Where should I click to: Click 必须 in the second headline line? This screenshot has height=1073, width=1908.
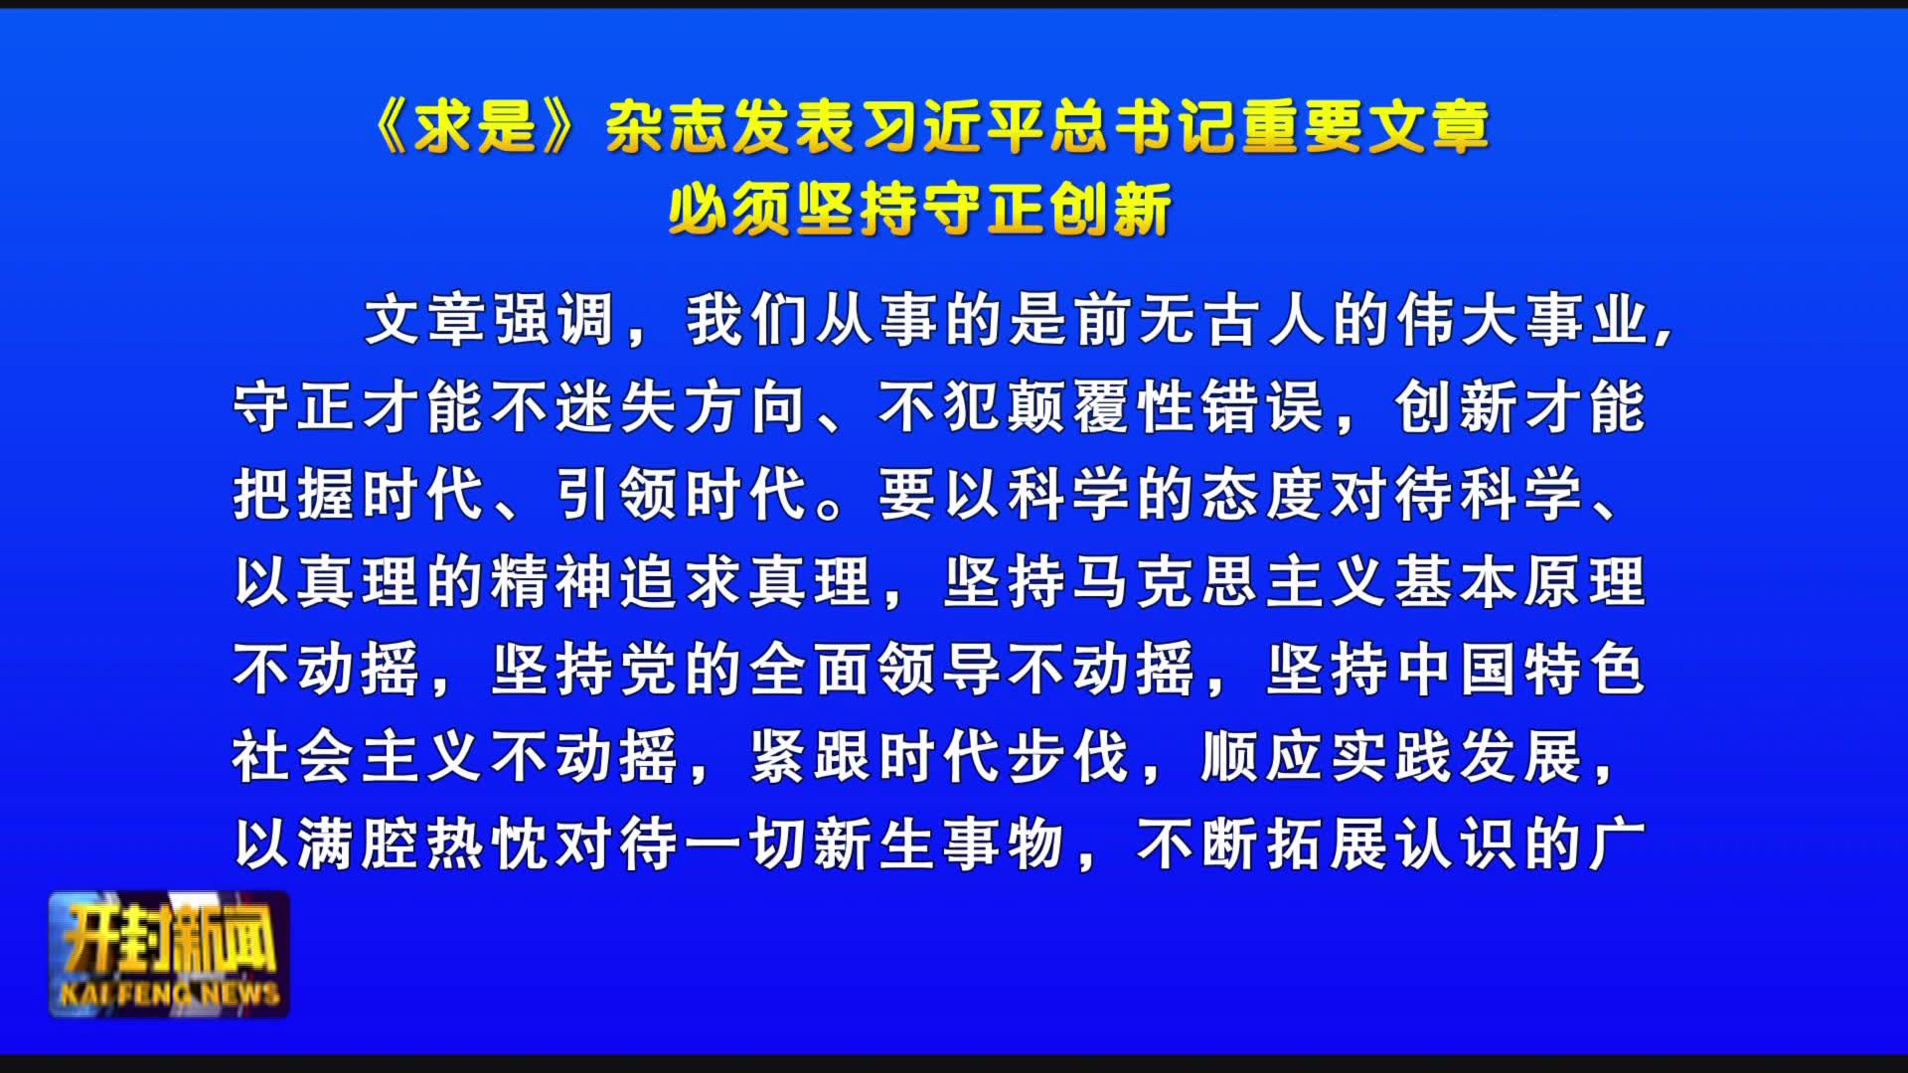coord(730,210)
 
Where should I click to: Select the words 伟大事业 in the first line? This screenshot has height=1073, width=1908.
coord(1524,320)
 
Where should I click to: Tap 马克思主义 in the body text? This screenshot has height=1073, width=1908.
coord(1232,581)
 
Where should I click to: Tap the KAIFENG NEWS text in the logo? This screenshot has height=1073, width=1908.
coord(170,994)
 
